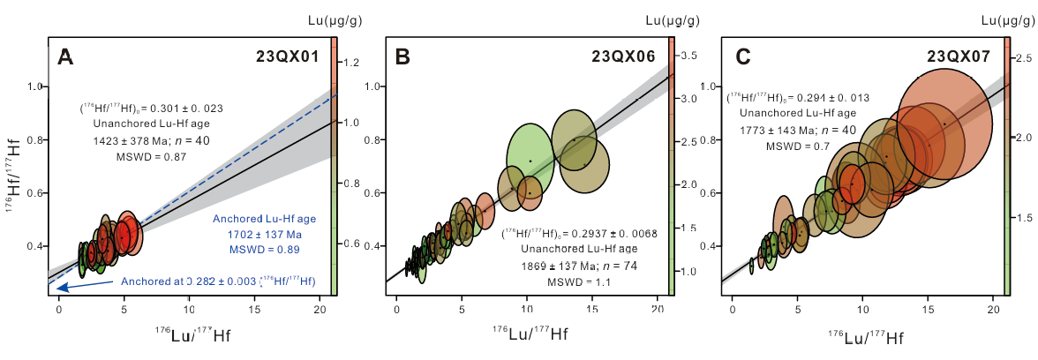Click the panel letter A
click(x=64, y=57)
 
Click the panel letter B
click(x=402, y=57)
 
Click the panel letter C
click(x=742, y=57)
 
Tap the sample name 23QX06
click(x=624, y=57)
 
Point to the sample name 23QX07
click(x=959, y=57)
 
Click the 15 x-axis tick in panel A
click(x=255, y=311)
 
